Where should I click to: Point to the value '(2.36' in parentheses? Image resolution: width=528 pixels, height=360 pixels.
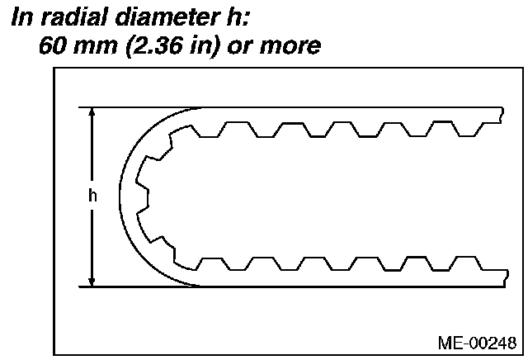pyautogui.click(x=154, y=46)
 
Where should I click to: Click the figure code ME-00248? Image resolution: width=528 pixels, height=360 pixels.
pyautogui.click(x=477, y=343)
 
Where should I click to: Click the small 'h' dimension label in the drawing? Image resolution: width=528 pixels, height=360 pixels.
pyautogui.click(x=92, y=195)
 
